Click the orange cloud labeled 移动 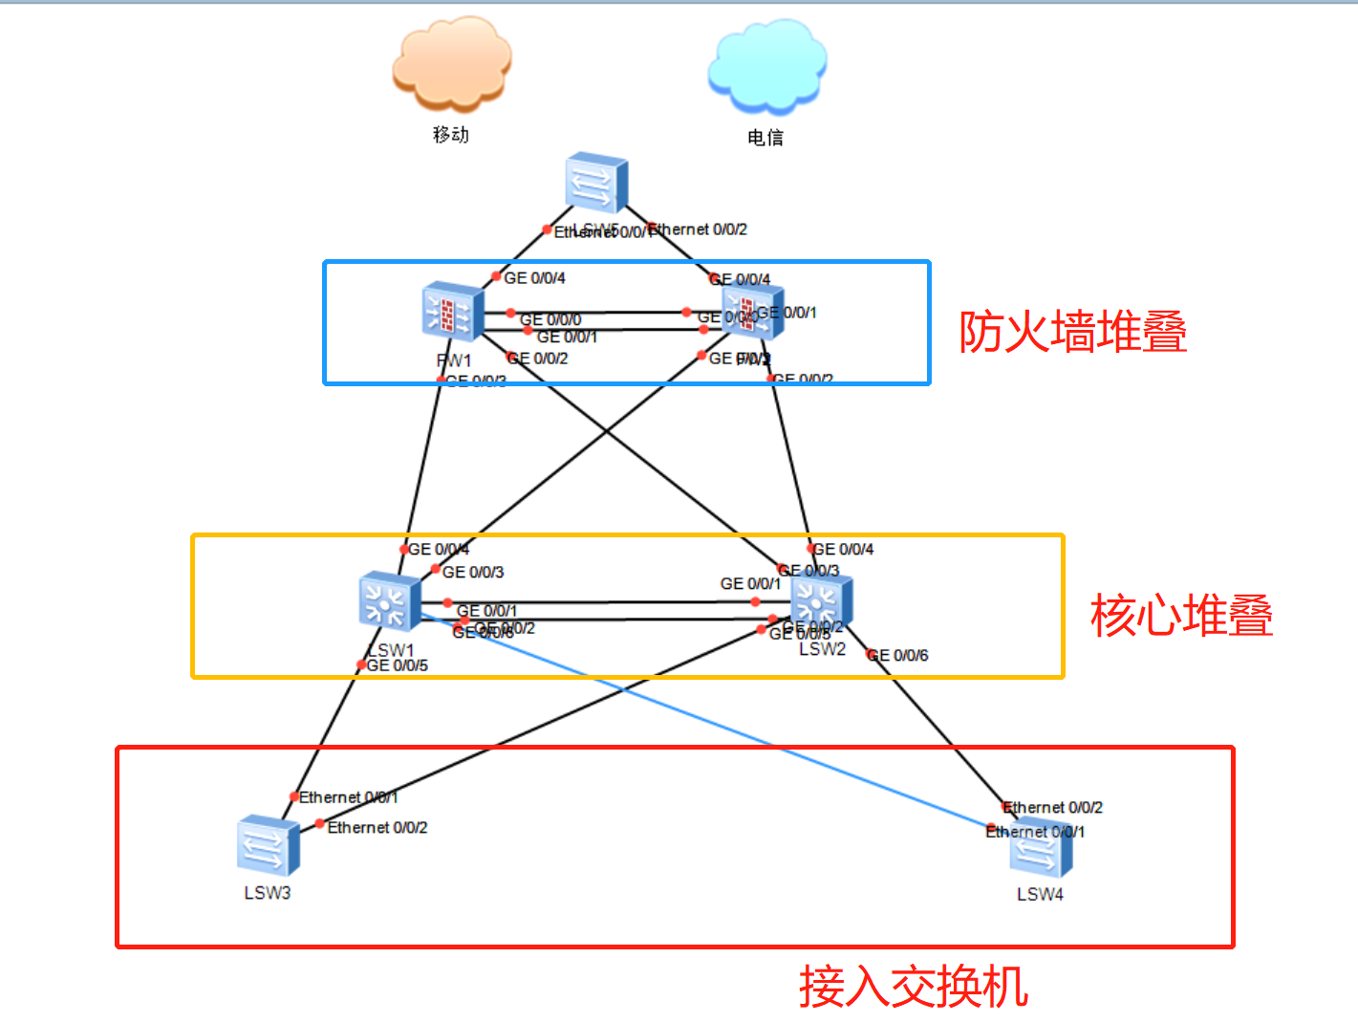[x=452, y=62]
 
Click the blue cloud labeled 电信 [x=766, y=65]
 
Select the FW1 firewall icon [x=451, y=311]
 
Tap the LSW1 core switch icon [x=389, y=602]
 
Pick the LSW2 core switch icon [x=820, y=602]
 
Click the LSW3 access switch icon [x=268, y=845]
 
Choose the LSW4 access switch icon [x=1041, y=849]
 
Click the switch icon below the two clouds [x=595, y=182]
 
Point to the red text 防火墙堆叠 [x=1072, y=332]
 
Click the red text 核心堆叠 [x=1181, y=615]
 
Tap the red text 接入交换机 [x=914, y=987]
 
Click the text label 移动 [x=451, y=135]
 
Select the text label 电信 [x=765, y=138]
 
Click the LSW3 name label [x=268, y=893]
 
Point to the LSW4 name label [x=1040, y=895]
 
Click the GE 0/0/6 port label [x=897, y=656]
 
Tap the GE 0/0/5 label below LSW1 [x=398, y=665]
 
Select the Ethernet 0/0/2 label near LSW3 [x=377, y=828]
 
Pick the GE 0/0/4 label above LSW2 [x=842, y=550]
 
